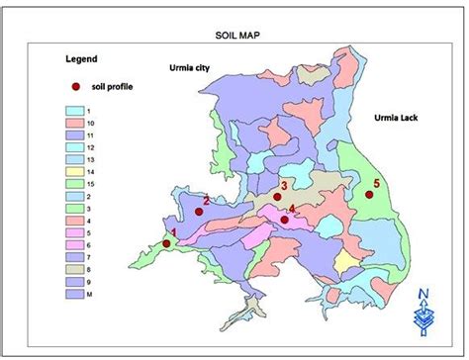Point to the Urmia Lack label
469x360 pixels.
[x=398, y=117]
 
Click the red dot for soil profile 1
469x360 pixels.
[x=166, y=242]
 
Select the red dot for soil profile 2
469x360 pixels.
[x=197, y=210]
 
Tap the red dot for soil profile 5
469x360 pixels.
[x=368, y=194]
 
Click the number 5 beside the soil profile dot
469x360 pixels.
[x=377, y=182]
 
